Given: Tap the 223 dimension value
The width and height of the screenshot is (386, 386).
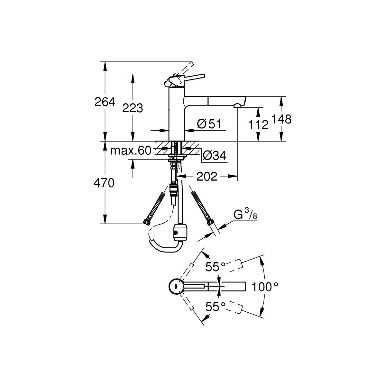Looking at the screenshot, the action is [x=133, y=108].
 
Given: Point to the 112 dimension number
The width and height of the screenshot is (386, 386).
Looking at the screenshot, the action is [x=258, y=125].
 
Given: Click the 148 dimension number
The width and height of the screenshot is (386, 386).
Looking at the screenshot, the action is [x=281, y=119].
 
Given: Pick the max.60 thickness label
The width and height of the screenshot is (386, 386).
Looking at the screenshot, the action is [x=131, y=151].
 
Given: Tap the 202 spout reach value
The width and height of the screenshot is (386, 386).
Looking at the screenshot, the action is [x=207, y=176].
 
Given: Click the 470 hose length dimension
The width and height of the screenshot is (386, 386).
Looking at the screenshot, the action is [x=104, y=183].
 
